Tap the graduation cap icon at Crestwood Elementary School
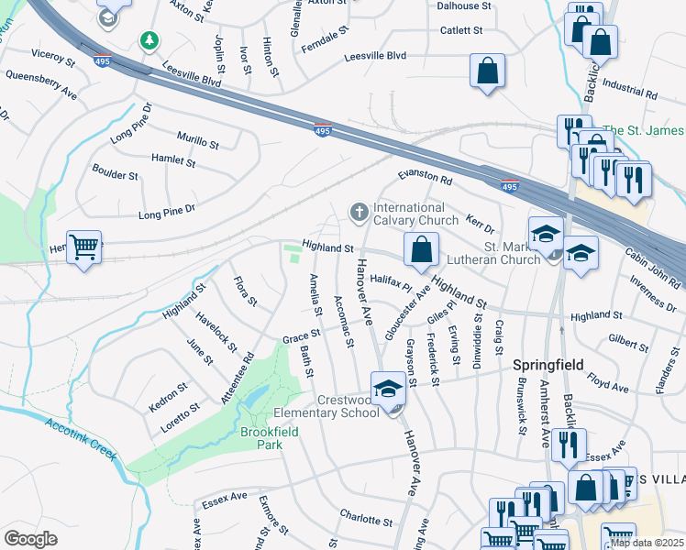388,387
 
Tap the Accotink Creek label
83,439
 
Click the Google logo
30,539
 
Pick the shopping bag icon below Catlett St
488,70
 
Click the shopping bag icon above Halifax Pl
421,248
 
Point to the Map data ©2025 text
646,542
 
